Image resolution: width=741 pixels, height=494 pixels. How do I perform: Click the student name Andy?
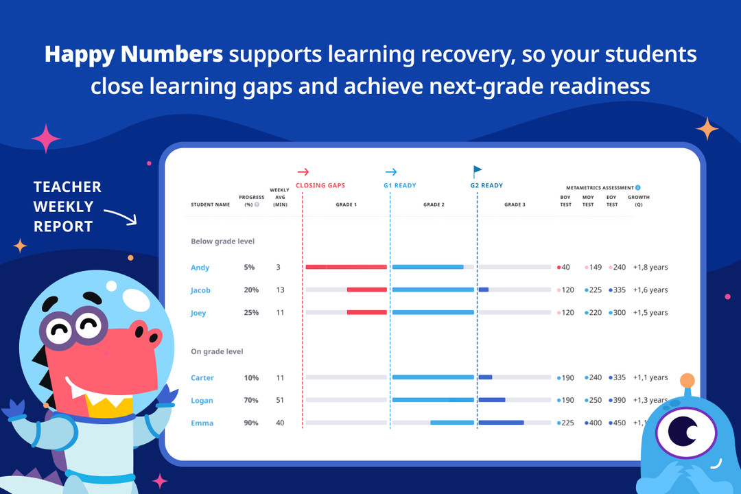pyautogui.click(x=200, y=268)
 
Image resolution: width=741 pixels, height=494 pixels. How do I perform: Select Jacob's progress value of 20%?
pyautogui.click(x=251, y=290)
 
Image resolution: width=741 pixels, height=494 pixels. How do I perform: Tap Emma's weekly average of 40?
pyautogui.click(x=280, y=423)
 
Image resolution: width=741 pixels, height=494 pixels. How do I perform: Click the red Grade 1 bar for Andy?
pyautogui.click(x=346, y=267)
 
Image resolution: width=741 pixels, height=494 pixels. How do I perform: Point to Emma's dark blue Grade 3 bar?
pyautogui.click(x=501, y=423)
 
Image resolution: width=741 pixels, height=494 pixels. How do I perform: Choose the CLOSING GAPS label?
pyautogui.click(x=320, y=185)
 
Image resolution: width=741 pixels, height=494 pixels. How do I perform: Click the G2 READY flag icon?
pyautogui.click(x=478, y=172)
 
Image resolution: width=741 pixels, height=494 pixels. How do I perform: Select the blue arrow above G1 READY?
pyautogui.click(x=391, y=172)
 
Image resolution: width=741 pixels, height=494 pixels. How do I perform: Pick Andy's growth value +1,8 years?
pyautogui.click(x=650, y=268)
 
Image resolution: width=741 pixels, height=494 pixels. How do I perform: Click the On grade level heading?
pyautogui.click(x=217, y=351)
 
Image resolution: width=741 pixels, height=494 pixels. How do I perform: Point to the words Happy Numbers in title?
pyautogui.click(x=134, y=54)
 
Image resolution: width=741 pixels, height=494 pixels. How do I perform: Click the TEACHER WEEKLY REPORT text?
pyautogui.click(x=67, y=207)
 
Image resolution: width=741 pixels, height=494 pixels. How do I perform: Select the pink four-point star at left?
pyautogui.click(x=46, y=139)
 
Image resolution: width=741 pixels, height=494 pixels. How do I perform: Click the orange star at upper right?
pyautogui.click(x=707, y=128)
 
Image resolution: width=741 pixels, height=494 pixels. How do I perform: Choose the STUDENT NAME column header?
pyautogui.click(x=211, y=204)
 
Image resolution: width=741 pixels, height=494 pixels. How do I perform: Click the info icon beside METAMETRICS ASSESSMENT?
pyautogui.click(x=637, y=187)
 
